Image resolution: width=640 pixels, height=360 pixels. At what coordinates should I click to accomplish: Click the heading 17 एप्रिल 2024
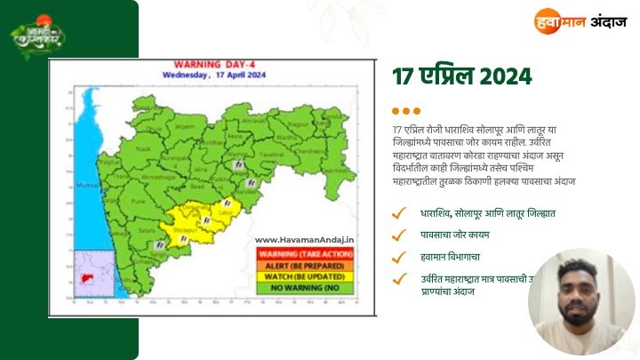[x=462, y=76]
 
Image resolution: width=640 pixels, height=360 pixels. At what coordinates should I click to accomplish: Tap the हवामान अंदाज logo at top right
[x=579, y=20]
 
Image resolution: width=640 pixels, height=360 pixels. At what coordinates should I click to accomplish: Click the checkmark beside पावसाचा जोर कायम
[x=401, y=236]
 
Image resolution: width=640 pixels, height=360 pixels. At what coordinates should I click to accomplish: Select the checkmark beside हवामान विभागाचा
[x=401, y=257]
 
